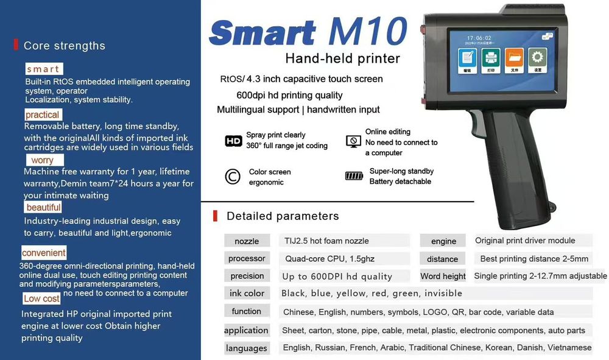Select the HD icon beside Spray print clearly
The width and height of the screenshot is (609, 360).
[x=233, y=141]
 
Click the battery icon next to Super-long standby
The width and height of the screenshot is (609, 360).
[x=354, y=176]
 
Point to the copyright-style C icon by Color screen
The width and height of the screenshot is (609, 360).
[x=233, y=176]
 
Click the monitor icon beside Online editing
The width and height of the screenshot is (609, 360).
[x=353, y=141]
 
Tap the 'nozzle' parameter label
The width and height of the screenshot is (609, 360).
[x=247, y=241]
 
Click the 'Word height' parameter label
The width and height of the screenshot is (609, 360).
[x=443, y=276]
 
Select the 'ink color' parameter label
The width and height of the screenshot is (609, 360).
[x=247, y=293]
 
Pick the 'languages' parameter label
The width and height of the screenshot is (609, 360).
[x=246, y=348]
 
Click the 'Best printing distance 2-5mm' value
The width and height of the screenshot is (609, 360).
[x=534, y=259]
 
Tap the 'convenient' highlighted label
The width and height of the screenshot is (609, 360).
[x=44, y=253]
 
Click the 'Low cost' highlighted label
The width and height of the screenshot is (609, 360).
[x=41, y=298]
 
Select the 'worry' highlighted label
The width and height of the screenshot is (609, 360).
[x=45, y=160]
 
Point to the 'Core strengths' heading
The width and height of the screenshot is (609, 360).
[x=65, y=46]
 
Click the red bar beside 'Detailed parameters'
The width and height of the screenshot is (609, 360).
[x=215, y=216]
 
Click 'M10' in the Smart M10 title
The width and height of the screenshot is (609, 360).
[x=367, y=31]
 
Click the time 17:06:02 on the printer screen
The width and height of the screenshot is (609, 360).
[x=479, y=38]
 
